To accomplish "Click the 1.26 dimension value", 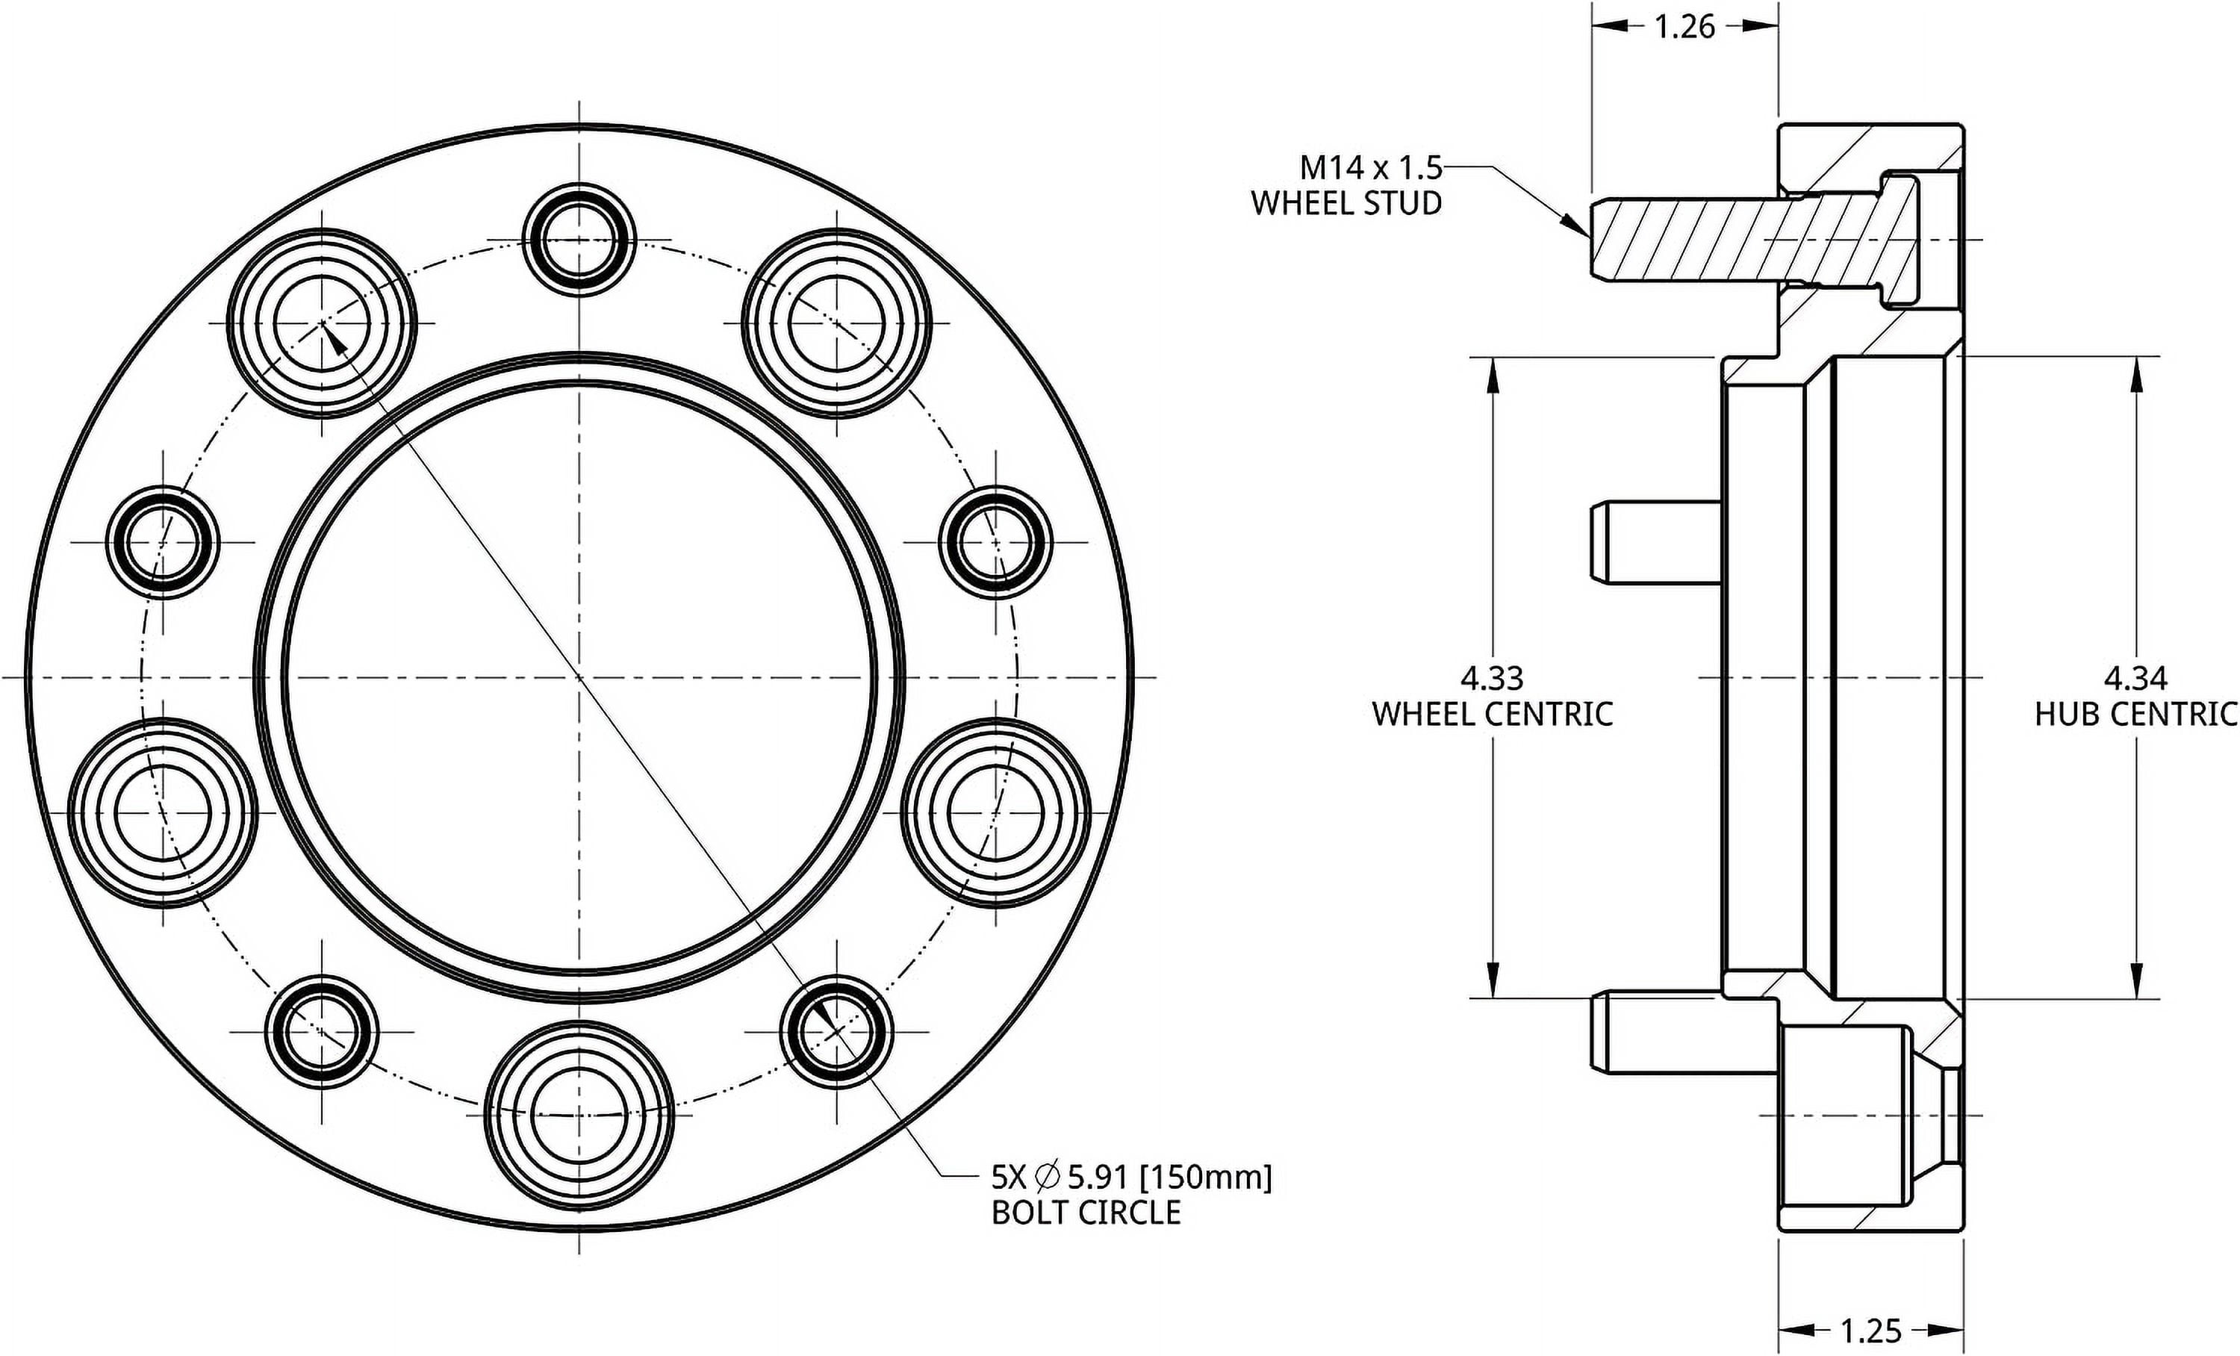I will [1684, 28].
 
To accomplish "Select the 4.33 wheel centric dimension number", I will [1492, 678].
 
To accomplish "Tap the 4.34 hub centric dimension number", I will [2135, 678].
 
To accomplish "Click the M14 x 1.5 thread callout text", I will [1371, 168].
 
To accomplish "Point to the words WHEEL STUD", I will [1346, 204].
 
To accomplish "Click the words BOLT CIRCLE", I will [1086, 1213].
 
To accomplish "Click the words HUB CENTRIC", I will [2136, 715].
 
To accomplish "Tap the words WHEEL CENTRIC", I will [1492, 715].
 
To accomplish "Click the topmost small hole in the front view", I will [579, 241].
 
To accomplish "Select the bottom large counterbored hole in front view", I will [579, 1114].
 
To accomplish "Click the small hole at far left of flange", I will [163, 543].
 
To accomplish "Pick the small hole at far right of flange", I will [995, 543].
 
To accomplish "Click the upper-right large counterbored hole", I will [836, 323].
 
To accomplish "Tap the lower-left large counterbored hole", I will [163, 812].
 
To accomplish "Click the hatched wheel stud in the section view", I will [1727, 240].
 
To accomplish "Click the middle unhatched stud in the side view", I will [1655, 543].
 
